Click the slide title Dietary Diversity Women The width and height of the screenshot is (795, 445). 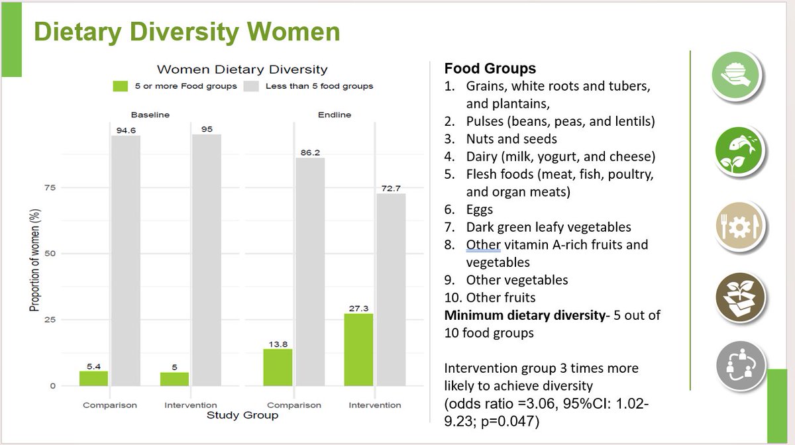pos(187,32)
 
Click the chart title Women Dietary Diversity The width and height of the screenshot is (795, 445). pos(242,70)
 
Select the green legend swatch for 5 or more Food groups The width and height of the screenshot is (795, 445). pos(120,86)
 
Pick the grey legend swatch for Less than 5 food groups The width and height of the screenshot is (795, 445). pos(252,86)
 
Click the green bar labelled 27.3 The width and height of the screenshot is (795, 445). pos(358,349)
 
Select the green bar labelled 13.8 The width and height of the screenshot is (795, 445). pos(278,367)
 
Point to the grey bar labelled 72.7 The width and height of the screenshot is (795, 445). pos(391,289)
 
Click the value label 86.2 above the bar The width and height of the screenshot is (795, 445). pos(310,152)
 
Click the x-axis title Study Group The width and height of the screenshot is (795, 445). pos(242,416)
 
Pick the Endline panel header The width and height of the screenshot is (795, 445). pos(335,115)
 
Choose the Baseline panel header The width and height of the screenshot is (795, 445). pos(150,115)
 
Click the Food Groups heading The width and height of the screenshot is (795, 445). pos(490,69)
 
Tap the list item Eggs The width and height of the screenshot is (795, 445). pos(479,209)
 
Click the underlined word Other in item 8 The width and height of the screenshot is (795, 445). pos(483,244)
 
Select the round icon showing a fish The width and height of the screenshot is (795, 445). pos(741,149)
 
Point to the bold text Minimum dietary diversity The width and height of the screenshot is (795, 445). pos(524,315)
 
